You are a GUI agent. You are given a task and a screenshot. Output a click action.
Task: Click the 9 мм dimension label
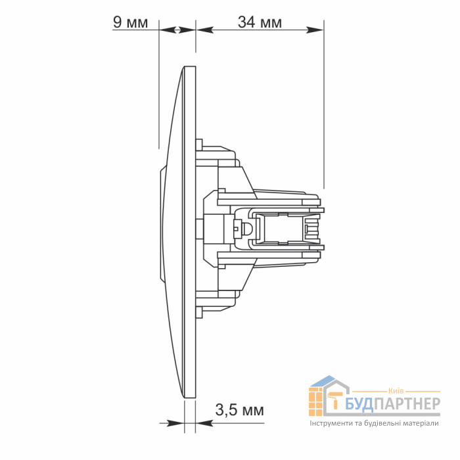click(130, 22)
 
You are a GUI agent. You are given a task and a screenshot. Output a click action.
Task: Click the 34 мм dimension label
click(260, 22)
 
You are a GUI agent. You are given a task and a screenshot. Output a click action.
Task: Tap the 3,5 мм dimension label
click(240, 410)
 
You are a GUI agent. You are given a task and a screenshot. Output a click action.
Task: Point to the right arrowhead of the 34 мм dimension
click(315, 30)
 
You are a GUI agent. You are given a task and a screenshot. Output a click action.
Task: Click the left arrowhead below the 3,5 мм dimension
click(175, 423)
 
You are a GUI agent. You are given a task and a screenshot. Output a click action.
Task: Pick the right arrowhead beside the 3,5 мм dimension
click(204, 423)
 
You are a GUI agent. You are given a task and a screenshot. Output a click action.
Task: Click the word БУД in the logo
click(359, 404)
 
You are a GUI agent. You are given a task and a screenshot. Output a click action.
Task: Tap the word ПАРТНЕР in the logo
click(407, 403)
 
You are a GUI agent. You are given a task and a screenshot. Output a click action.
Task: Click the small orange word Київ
click(396, 391)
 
